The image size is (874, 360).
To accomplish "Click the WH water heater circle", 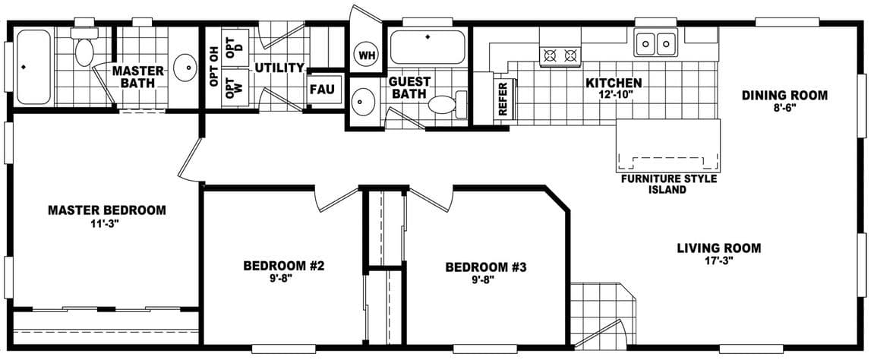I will [x=367, y=55].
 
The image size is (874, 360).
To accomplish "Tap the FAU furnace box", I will [x=321, y=89].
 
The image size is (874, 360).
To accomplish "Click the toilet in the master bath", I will [x=84, y=48].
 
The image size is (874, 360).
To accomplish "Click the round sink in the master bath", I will [x=185, y=68].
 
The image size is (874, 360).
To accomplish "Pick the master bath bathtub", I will [x=33, y=67].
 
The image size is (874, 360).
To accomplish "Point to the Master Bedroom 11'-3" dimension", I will [x=106, y=224].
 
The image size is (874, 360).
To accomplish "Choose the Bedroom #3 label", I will [x=486, y=267].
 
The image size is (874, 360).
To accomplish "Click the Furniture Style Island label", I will [x=667, y=185].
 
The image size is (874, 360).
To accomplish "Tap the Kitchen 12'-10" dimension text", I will [x=614, y=95].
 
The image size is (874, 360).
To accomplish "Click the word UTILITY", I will [x=279, y=68].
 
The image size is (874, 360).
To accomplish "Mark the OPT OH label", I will [x=215, y=68].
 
